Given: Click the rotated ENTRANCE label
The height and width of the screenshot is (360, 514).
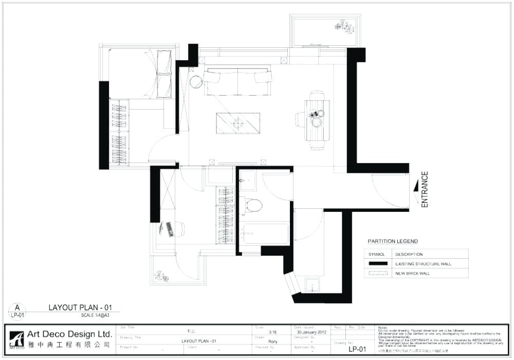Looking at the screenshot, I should [425, 190].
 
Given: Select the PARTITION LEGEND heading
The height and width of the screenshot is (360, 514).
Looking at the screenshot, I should [393, 241].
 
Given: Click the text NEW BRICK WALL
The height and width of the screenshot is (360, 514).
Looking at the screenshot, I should [413, 273].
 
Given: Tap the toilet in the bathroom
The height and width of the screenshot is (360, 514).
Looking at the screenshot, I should [252, 205].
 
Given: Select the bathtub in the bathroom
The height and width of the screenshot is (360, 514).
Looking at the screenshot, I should [266, 233].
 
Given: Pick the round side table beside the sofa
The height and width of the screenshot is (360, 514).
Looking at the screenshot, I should [196, 82].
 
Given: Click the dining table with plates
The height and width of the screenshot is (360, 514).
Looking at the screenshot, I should [317, 120].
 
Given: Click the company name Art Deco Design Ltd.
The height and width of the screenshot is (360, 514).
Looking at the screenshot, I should [69, 334].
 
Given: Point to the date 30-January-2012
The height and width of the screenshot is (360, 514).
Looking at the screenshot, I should [311, 332].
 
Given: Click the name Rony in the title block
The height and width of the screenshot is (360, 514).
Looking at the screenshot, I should [273, 341].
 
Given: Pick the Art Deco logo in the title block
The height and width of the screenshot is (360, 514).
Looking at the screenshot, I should [16, 339].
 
